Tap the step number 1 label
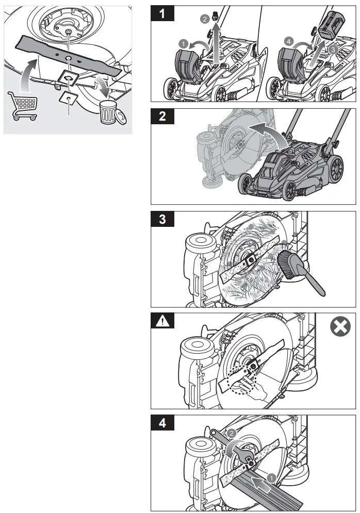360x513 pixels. pos(163,14)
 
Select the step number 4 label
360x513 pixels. pos(163,424)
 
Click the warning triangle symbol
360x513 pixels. pos(163,322)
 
